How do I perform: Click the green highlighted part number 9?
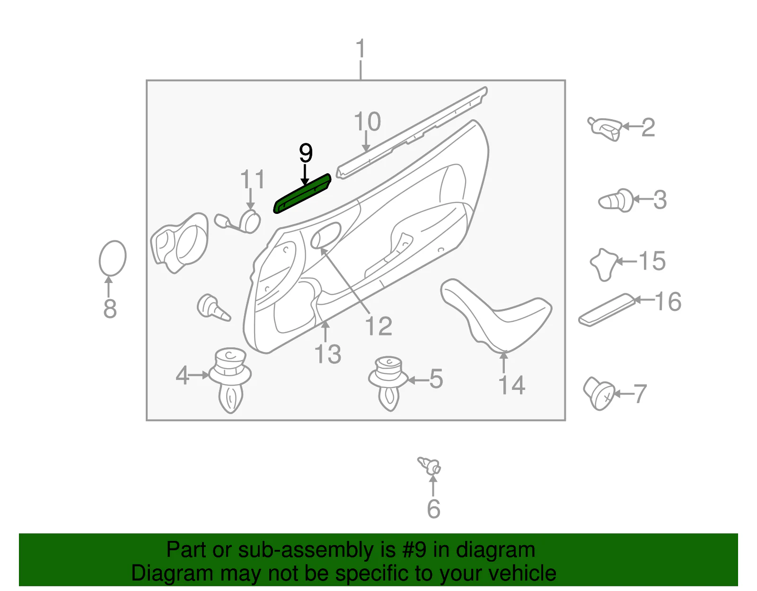302,194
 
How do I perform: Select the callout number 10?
367,122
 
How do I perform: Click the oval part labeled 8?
113,258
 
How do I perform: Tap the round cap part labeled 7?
599,393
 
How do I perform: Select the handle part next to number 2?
605,129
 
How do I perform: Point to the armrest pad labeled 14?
496,315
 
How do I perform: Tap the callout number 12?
378,326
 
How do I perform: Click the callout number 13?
328,354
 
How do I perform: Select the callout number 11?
253,179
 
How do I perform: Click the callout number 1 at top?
361,48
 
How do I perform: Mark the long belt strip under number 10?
412,132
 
